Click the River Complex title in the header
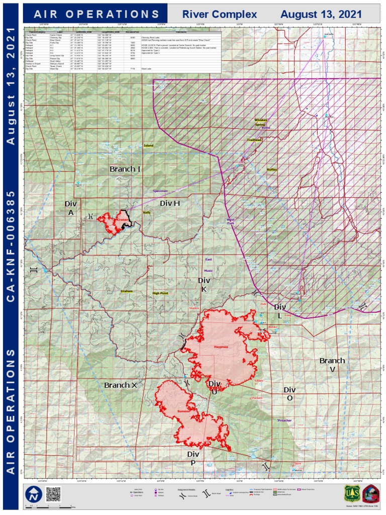click(x=216, y=15)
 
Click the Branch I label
click(x=125, y=169)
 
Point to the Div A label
click(x=70, y=208)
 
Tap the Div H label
click(x=170, y=203)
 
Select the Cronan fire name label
click(x=123, y=220)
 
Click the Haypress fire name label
click(x=221, y=347)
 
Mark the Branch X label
click(x=120, y=385)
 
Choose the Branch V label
click(x=332, y=365)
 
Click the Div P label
click(x=193, y=458)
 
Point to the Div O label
click(x=289, y=394)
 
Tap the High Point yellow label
click(x=160, y=293)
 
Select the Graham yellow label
click(x=126, y=291)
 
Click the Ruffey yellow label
click(x=272, y=170)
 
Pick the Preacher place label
click(x=284, y=420)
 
